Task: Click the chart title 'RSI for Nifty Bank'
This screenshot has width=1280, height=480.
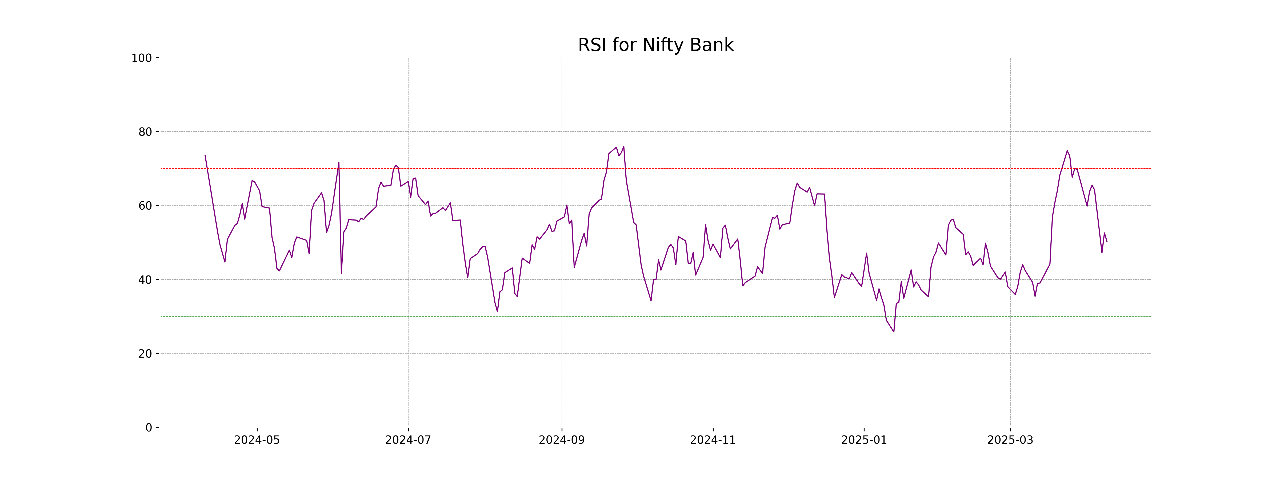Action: click(655, 45)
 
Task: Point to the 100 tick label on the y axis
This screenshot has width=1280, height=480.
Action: click(142, 58)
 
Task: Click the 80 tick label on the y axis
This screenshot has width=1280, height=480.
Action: click(145, 132)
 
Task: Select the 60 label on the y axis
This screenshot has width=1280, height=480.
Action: click(145, 206)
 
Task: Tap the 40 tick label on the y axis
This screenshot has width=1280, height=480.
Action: click(145, 280)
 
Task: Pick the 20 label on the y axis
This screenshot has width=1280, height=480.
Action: click(145, 354)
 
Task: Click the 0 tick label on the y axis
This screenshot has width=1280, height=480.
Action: click(149, 428)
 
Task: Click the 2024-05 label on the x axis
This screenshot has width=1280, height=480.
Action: click(257, 440)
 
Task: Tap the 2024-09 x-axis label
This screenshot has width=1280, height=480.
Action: click(562, 440)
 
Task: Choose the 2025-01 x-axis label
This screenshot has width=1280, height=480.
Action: click(864, 440)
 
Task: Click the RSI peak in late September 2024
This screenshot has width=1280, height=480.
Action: click(624, 147)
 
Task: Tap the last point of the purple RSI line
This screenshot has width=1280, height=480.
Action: click(1107, 242)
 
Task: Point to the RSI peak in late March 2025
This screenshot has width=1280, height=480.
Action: click(1067, 151)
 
